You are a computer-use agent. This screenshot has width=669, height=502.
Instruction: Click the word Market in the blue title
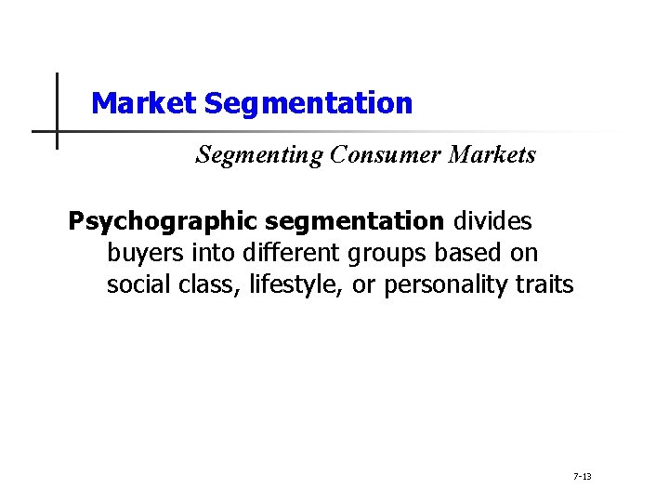click(144, 103)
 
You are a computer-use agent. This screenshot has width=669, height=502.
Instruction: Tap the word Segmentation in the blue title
click(308, 103)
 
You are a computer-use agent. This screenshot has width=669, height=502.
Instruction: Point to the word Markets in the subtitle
click(492, 155)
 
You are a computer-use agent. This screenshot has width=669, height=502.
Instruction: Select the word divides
click(492, 221)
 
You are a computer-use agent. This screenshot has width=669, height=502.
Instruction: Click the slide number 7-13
click(583, 477)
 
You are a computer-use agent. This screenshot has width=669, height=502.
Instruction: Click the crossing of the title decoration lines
click(57, 131)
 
